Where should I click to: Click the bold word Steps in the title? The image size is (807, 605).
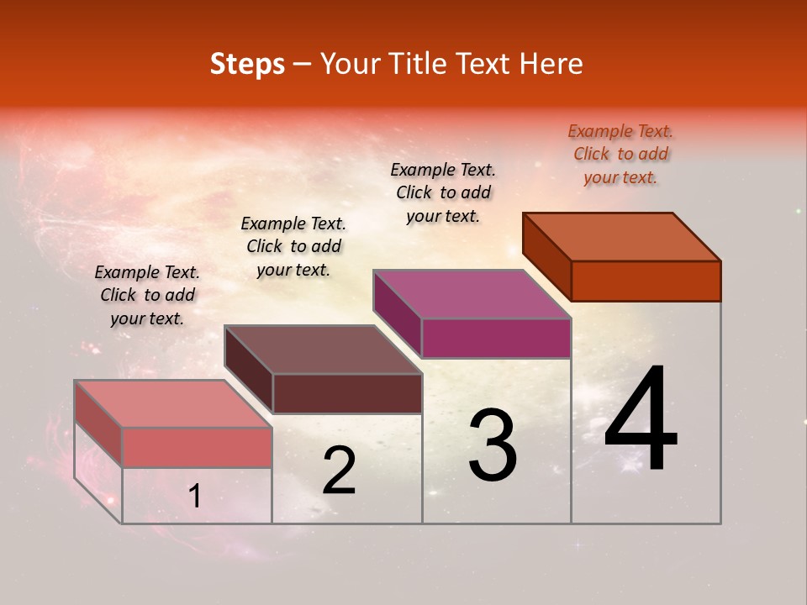tap(247, 64)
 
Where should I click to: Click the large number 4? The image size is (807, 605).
tap(641, 420)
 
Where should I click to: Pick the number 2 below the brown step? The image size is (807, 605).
tap(339, 471)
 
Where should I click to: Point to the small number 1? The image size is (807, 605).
tap(195, 497)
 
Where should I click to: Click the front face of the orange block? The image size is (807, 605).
tap(646, 281)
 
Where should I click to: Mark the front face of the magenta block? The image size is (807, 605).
tap(496, 339)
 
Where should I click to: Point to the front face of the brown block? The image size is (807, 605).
tap(347, 393)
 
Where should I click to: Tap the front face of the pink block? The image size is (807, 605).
tap(197, 447)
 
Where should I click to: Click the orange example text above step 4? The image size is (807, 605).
tap(620, 154)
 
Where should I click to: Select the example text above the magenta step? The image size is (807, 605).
tap(443, 192)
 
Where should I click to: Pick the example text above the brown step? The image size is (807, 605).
tap(293, 246)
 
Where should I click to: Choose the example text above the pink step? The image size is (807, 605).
tap(147, 295)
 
